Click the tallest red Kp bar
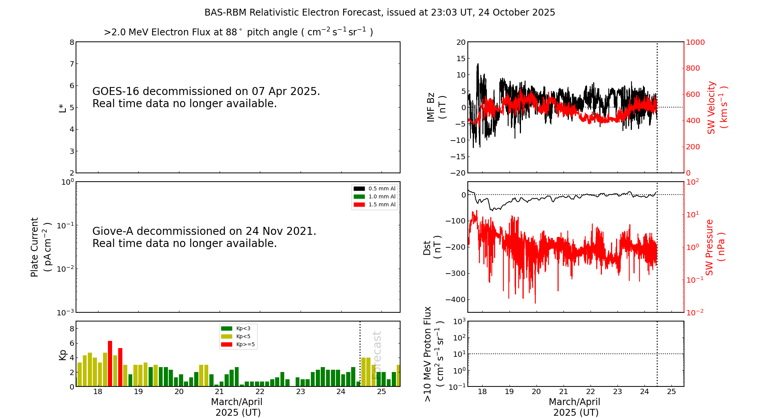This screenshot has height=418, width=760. pyautogui.click(x=110, y=363)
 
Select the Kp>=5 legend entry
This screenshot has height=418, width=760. pyautogui.click(x=238, y=345)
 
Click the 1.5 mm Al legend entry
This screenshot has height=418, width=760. pyautogui.click(x=375, y=204)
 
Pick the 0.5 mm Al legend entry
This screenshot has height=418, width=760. pyautogui.click(x=375, y=188)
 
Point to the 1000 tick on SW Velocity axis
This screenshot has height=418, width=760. pyautogui.click(x=695, y=42)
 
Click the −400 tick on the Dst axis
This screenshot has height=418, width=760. pyautogui.click(x=455, y=299)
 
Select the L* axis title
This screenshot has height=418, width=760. pyautogui.click(x=62, y=108)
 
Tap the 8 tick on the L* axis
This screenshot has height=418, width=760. pyautogui.click(x=72, y=42)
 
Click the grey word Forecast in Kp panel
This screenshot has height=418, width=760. pyautogui.click(x=377, y=355)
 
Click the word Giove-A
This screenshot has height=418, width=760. pyautogui.click(x=113, y=231)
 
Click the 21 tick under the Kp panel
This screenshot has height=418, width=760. pyautogui.click(x=219, y=392)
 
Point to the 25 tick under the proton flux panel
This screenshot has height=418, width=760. pyautogui.click(x=671, y=392)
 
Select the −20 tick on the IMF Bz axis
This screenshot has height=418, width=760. pyautogui.click(x=458, y=173)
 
